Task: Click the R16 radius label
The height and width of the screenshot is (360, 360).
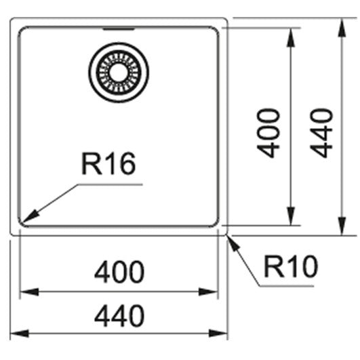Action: [108, 163]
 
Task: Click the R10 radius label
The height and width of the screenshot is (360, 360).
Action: [291, 266]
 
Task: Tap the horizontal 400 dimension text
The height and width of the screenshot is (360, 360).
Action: [119, 272]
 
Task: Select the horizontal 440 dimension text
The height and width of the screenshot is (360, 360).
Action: [119, 316]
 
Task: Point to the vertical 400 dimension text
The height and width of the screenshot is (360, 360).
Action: [268, 133]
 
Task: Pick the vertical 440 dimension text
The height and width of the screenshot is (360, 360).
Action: [321, 133]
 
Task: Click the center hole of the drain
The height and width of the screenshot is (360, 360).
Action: [119, 72]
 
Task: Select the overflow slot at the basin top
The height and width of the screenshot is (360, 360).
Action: [119, 29]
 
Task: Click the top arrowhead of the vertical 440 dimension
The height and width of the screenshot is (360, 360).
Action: [342, 28]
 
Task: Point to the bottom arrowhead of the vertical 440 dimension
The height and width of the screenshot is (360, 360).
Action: [342, 226]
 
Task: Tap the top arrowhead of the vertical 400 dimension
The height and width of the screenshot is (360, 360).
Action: [291, 38]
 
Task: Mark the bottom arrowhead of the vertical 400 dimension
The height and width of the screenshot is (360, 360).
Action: [291, 216]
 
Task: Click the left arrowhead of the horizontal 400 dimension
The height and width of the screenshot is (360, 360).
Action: [29, 292]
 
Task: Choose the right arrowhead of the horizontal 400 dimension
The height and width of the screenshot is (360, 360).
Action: [208, 292]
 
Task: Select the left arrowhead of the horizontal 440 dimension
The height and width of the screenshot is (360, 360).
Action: [20, 333]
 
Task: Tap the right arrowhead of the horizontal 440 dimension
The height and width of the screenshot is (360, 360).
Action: [218, 333]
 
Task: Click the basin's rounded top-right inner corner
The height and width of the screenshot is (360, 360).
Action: [216, 29]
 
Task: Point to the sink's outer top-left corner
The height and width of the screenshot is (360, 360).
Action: [12, 19]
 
